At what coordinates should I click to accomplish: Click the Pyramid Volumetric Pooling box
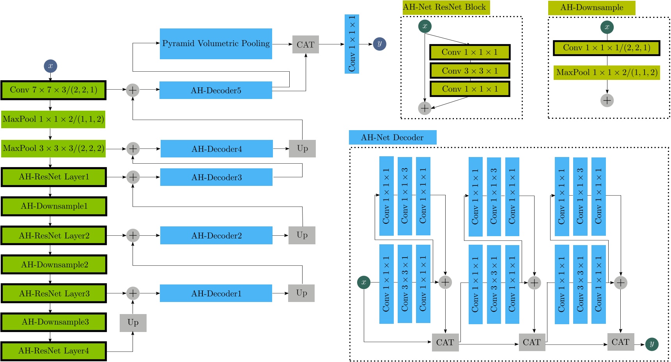click(216, 44)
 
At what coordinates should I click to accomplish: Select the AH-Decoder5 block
click(216, 90)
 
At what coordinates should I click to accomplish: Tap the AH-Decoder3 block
click(216, 177)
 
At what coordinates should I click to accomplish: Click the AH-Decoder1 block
click(216, 293)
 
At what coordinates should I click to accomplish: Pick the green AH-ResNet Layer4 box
click(54, 351)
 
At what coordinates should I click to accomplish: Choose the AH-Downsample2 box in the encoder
click(54, 265)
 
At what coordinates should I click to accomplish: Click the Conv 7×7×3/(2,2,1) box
click(53, 90)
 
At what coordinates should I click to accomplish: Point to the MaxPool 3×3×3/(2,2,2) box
click(53, 148)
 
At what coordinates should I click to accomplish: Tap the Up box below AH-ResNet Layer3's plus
click(133, 323)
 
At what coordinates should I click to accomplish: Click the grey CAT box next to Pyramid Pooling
click(305, 44)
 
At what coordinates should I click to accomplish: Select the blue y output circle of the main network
click(379, 44)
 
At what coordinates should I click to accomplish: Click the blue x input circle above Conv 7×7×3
click(50, 66)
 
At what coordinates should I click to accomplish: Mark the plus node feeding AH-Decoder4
click(133, 148)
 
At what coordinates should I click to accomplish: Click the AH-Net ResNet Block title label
click(446, 7)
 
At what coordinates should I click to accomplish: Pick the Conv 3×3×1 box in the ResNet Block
click(470, 71)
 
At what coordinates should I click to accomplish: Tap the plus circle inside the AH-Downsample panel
click(607, 101)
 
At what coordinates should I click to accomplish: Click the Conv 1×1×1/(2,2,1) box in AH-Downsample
click(606, 48)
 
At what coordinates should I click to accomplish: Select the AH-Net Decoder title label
click(392, 138)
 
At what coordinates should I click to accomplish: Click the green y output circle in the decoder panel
click(652, 344)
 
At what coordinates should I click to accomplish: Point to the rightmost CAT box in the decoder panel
click(620, 342)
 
